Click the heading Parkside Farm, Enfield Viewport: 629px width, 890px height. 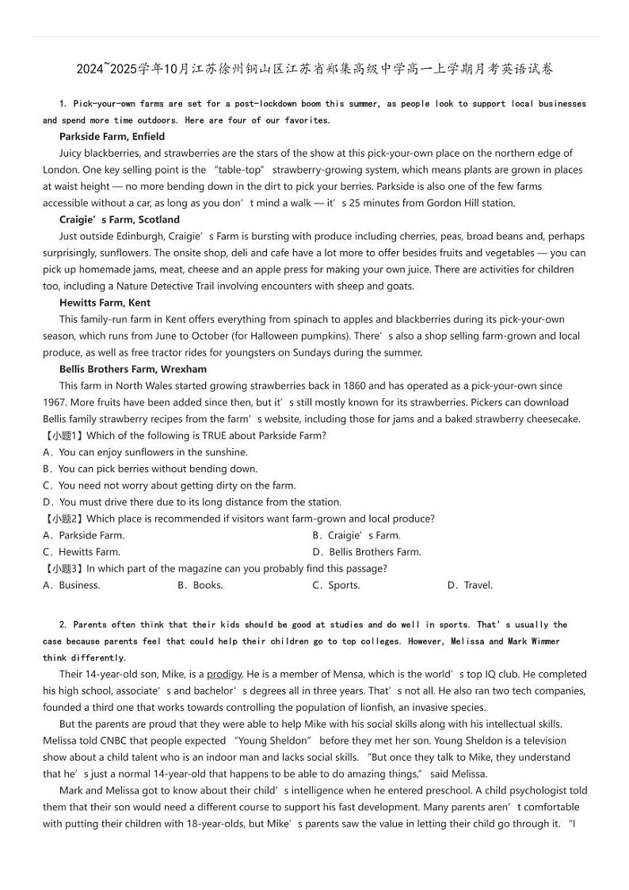click(x=112, y=136)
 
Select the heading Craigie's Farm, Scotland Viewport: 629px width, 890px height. click(x=119, y=219)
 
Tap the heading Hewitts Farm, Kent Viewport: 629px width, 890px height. click(x=105, y=302)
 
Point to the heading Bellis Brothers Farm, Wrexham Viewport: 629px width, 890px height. click(x=132, y=369)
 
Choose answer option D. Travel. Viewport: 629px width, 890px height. click(x=470, y=585)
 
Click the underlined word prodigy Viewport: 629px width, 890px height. click(x=224, y=675)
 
